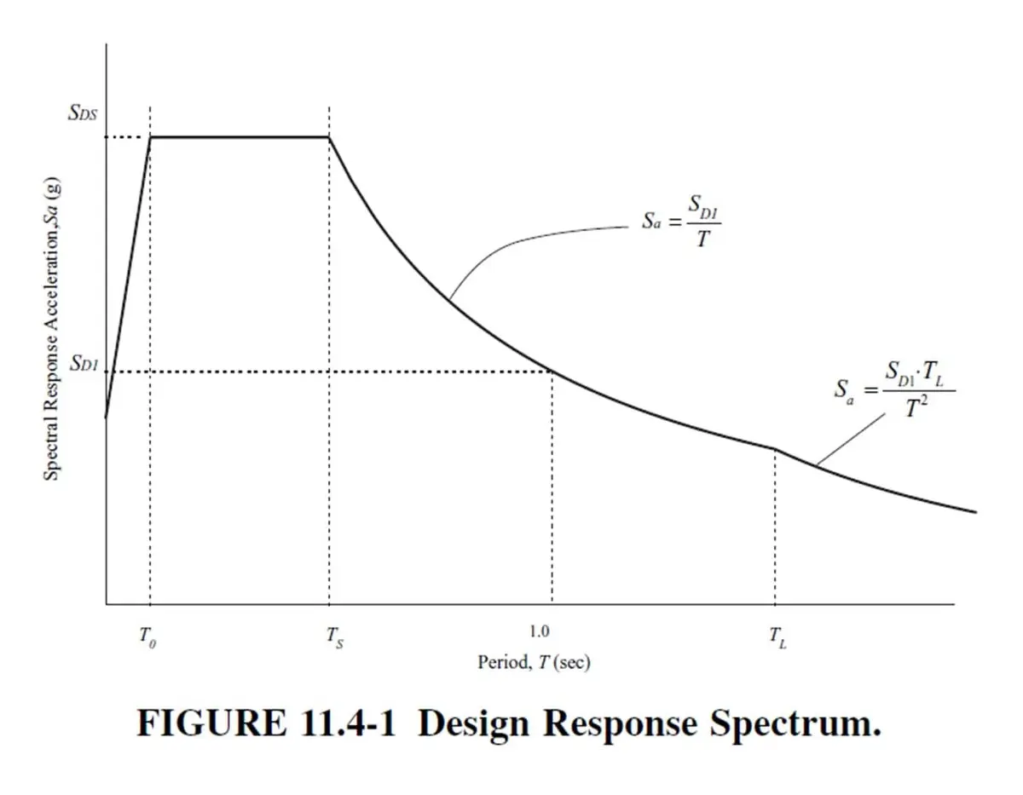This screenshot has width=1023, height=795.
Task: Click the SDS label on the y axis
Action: pos(83,112)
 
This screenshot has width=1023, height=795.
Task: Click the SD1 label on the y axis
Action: pos(84,363)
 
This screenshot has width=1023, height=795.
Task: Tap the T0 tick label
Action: pos(147,637)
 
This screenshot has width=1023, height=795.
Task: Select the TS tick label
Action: pos(335,637)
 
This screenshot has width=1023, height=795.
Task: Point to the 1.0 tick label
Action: pos(540,631)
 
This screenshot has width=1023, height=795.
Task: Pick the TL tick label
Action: pos(777,637)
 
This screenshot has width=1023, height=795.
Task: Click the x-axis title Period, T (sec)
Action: pos(534,662)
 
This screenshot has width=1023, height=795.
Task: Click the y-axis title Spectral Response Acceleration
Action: pos(51,329)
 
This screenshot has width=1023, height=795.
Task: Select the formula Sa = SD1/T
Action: pos(682,221)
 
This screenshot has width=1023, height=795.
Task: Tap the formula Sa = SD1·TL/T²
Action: pos(895,389)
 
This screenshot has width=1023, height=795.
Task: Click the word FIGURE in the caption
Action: pos(211,723)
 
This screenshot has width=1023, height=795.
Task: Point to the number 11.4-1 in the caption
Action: pos(348,723)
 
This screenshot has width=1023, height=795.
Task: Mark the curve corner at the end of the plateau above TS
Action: pos(329,137)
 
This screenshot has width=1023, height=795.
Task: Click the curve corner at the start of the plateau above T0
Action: pos(150,137)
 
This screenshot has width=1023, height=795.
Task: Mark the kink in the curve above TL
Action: pos(774,449)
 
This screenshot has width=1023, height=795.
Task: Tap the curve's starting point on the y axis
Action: pos(106,418)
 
